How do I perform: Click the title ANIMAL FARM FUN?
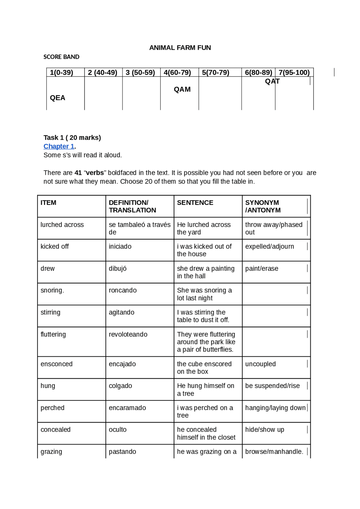(180, 48)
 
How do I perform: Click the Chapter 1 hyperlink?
(59, 146)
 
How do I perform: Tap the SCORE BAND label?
(61, 57)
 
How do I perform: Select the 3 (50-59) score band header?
(140, 73)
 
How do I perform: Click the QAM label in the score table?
(182, 89)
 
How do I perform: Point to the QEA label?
(57, 98)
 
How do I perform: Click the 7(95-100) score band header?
(294, 73)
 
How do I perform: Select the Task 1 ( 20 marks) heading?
(72, 138)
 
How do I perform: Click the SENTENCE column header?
(195, 203)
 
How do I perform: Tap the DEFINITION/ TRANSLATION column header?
(132, 206)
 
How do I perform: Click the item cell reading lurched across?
(62, 225)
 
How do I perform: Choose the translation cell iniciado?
(120, 246)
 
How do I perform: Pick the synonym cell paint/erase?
(262, 268)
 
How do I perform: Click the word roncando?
(123, 290)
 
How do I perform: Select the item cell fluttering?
(53, 334)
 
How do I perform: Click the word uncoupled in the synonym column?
(260, 364)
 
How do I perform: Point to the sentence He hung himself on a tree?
(205, 390)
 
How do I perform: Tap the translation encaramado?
(127, 408)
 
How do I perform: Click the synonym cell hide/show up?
(265, 430)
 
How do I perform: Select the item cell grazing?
(51, 452)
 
